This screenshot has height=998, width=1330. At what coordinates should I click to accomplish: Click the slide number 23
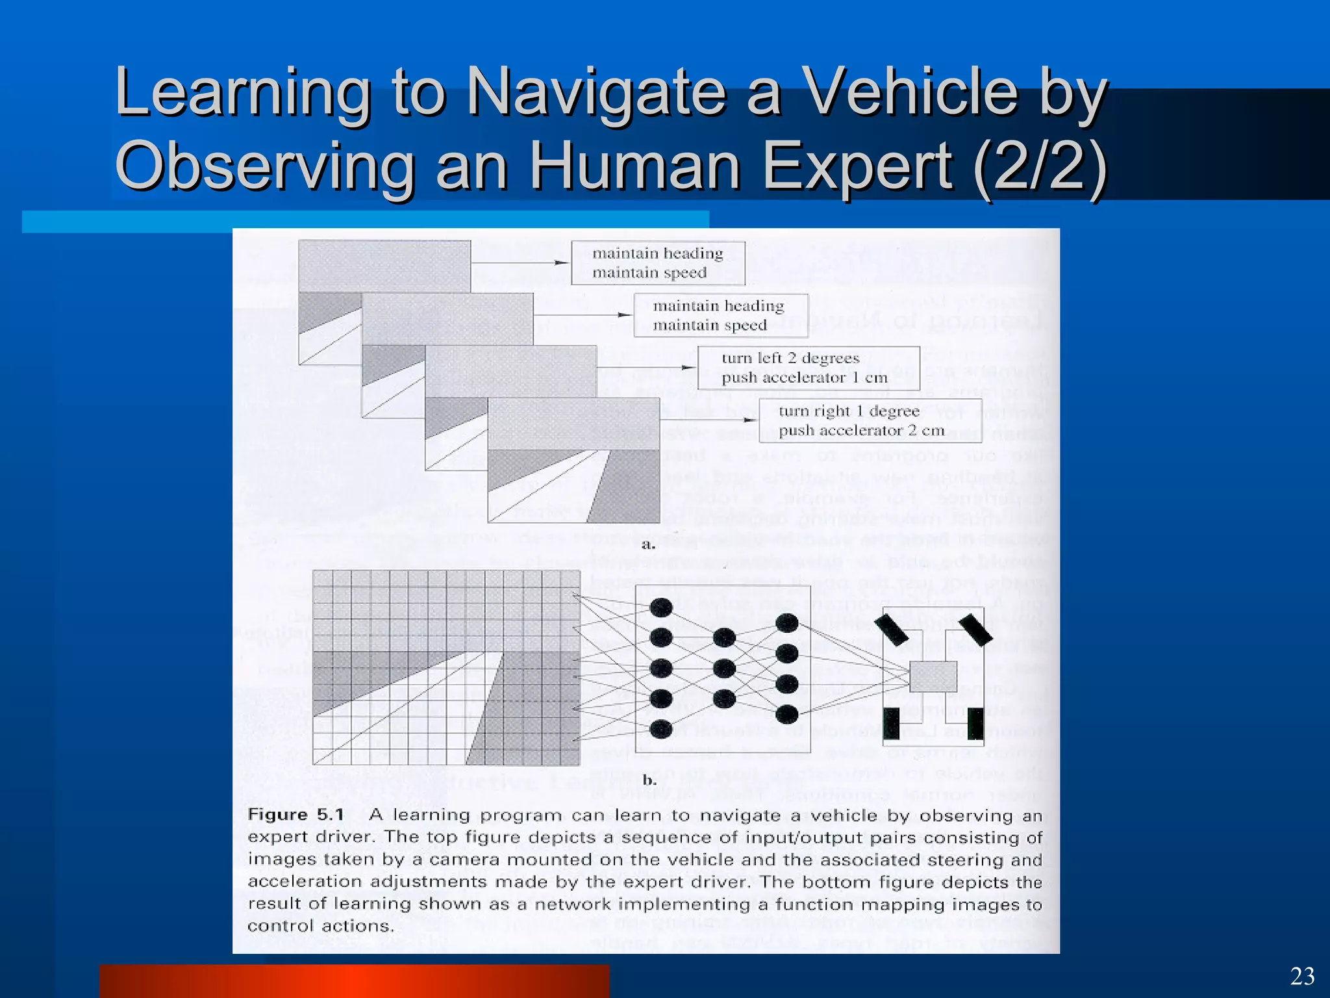1302,977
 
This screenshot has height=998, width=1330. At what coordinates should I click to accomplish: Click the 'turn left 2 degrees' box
809,368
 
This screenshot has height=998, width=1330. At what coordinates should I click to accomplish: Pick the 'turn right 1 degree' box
870,420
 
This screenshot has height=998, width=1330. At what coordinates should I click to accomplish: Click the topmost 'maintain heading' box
657,262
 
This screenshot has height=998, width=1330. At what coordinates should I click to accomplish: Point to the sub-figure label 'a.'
647,544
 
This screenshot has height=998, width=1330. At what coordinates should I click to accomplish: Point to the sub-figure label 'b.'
649,780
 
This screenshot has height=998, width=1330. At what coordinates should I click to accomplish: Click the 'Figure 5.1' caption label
295,815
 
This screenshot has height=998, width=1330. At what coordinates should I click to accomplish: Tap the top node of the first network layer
660,608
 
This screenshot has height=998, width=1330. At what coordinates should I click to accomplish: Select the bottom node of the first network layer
660,729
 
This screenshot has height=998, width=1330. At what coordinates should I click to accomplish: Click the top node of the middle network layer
723,638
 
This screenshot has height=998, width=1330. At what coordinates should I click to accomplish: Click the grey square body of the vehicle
933,676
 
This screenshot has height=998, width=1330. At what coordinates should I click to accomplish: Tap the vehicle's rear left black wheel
892,724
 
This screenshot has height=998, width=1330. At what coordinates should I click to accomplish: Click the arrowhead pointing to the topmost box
561,262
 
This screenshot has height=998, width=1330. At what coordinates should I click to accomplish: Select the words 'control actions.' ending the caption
321,926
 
